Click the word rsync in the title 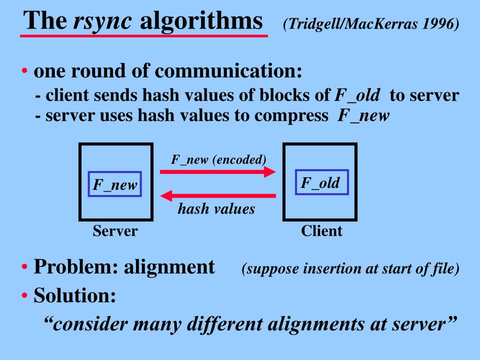coord(104,21)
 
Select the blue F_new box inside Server coord(115,184)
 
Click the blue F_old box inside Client coord(321,182)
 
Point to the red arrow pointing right coord(218,172)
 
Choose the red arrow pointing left coord(218,195)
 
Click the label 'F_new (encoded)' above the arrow coord(218,159)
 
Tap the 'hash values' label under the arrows coord(216,209)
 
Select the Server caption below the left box coord(115,231)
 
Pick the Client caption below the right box coord(322,231)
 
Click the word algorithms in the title coord(202,21)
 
